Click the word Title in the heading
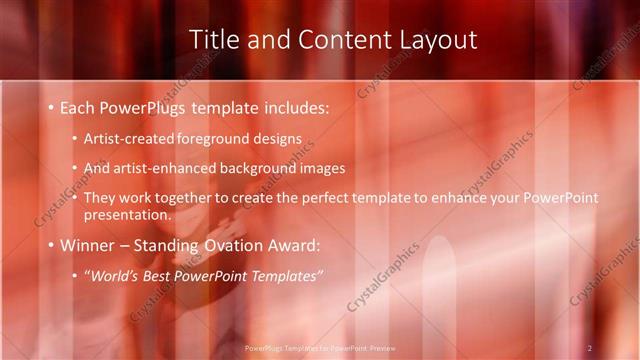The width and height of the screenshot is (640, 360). click(215, 39)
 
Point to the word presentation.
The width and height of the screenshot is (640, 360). click(128, 214)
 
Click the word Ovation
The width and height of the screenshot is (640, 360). click(242, 245)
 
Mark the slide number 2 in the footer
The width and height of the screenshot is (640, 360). click(590, 348)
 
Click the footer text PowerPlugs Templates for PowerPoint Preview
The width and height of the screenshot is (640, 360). click(319, 348)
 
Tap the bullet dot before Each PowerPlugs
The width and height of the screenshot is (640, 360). click(51, 107)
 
